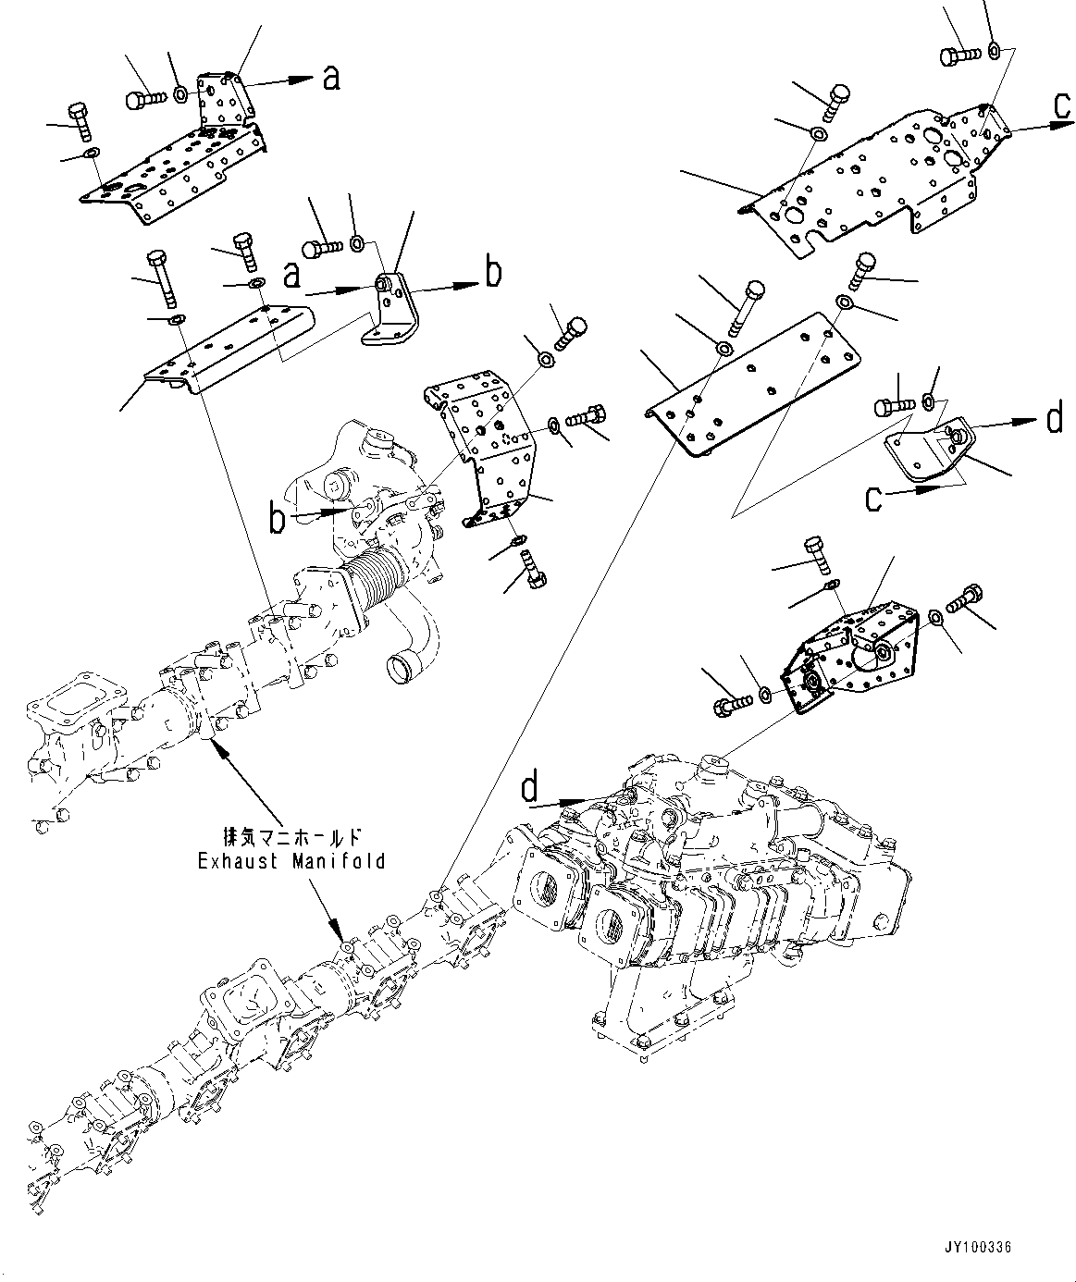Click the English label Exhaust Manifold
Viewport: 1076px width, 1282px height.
click(x=291, y=861)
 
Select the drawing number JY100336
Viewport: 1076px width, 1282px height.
click(x=979, y=1248)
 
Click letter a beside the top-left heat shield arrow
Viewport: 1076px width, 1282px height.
click(x=330, y=79)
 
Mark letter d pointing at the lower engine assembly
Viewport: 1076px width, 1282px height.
click(x=529, y=787)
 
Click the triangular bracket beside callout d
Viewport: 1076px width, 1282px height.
click(x=925, y=455)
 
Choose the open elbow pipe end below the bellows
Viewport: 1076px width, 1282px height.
click(x=403, y=662)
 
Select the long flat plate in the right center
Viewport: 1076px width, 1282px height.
click(x=754, y=379)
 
